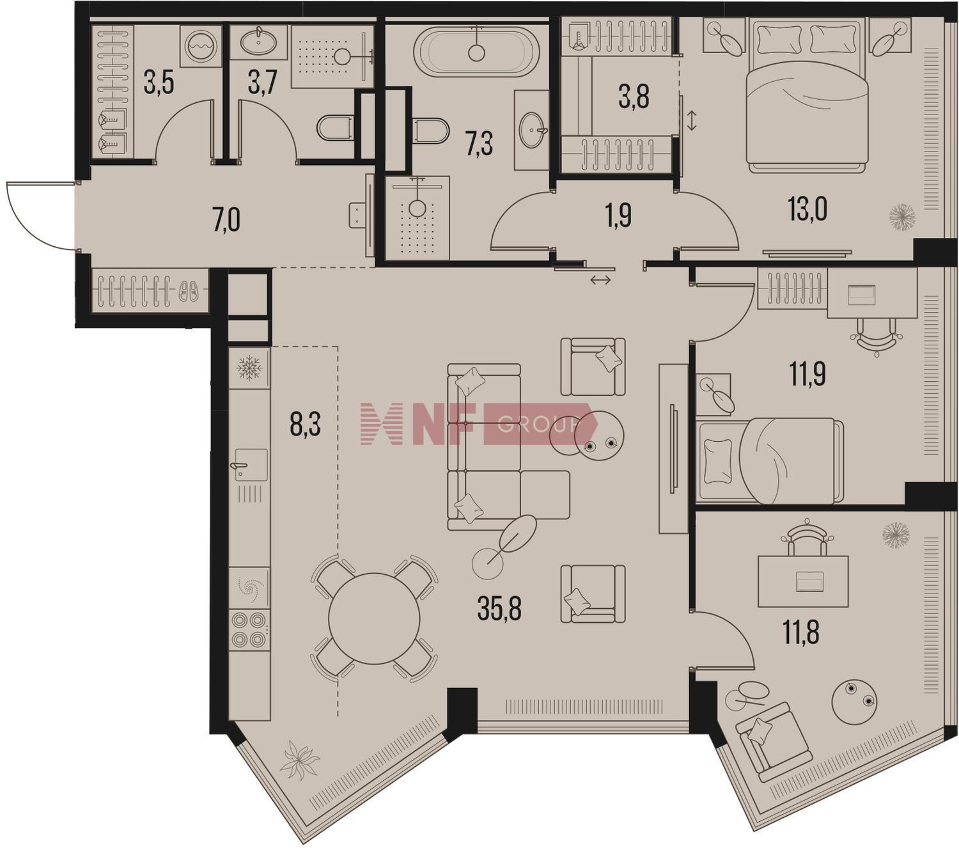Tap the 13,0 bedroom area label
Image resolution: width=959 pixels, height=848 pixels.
click(807, 209)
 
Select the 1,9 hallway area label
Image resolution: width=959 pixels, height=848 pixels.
click(618, 217)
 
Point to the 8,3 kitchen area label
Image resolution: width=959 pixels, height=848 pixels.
click(306, 424)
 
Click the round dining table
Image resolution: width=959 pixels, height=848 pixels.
click(374, 618)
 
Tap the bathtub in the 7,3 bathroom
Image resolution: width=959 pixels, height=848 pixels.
click(476, 52)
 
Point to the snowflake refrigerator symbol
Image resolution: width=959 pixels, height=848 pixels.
click(249, 368)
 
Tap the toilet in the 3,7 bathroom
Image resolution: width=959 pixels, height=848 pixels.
click(335, 128)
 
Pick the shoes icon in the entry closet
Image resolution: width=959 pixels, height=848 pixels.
click(189, 291)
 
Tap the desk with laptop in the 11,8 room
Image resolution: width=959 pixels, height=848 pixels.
click(803, 581)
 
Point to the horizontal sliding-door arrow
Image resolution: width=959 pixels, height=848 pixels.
click(600, 281)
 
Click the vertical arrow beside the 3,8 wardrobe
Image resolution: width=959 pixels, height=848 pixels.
click(692, 120)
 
